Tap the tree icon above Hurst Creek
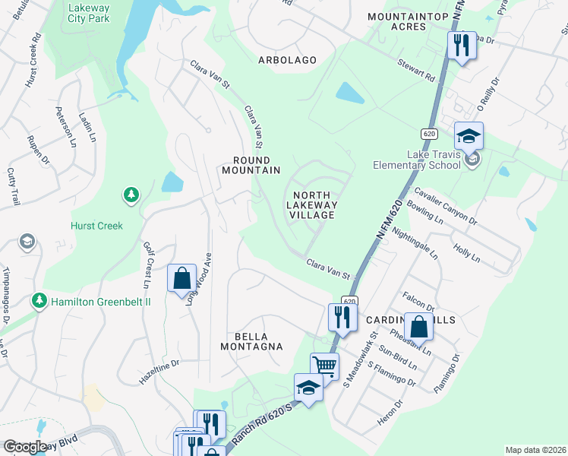(x=131, y=195)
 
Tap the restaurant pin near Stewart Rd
(x=462, y=46)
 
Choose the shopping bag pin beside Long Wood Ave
(x=182, y=279)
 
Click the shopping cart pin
(x=325, y=366)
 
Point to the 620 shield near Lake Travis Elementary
(x=430, y=134)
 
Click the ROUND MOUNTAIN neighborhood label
(x=251, y=165)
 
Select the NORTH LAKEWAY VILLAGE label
(x=312, y=205)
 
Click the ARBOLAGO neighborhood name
(x=286, y=59)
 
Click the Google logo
(x=25, y=447)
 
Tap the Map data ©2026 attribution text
(x=535, y=450)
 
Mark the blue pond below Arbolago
(x=350, y=93)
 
